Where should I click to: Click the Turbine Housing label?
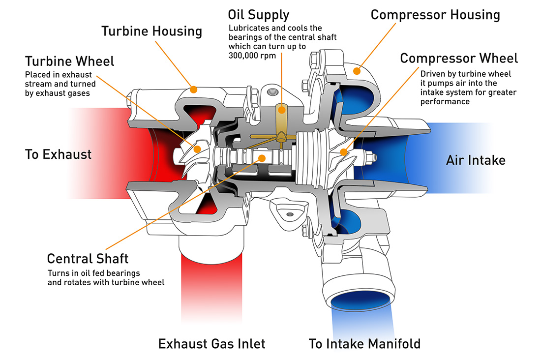click(x=151, y=31)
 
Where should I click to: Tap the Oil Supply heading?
click(x=259, y=14)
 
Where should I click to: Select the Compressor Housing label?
click(x=435, y=15)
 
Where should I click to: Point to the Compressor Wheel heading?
click(x=458, y=59)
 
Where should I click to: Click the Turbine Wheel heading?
click(x=69, y=61)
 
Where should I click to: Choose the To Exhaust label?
click(x=58, y=154)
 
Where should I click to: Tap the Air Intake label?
click(x=475, y=160)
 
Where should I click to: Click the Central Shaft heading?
click(x=88, y=258)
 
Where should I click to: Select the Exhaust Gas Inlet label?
click(x=211, y=343)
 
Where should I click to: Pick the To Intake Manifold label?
click(x=364, y=343)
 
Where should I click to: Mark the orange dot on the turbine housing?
click(x=194, y=90)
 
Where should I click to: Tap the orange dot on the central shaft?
click(x=262, y=158)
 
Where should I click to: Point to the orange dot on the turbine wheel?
click(x=197, y=148)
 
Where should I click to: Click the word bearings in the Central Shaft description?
click(x=124, y=273)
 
